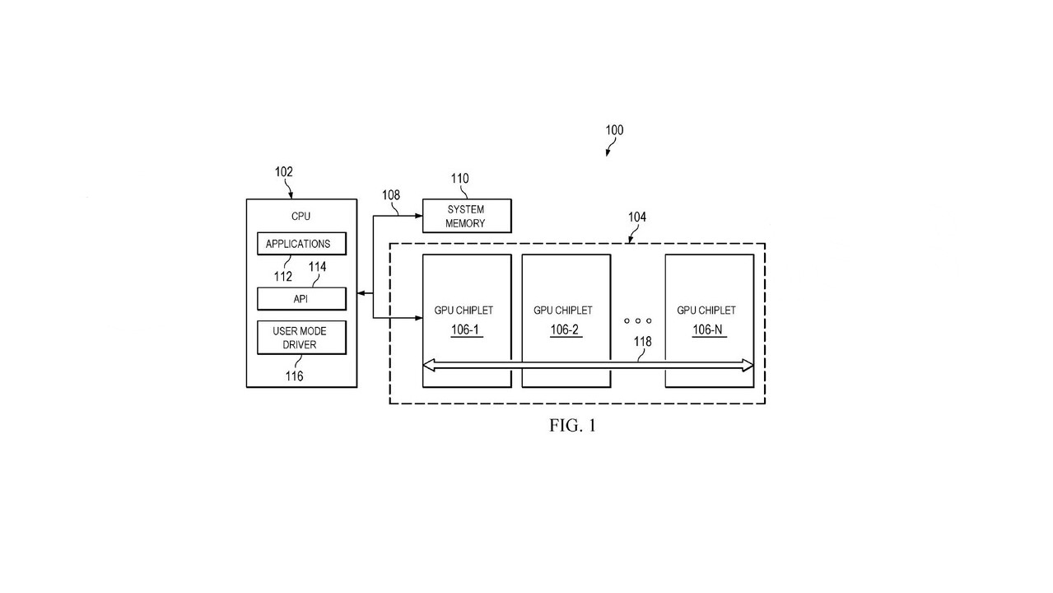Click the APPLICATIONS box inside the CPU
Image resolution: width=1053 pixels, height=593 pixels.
(x=301, y=244)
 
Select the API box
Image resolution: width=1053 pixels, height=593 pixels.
(x=301, y=298)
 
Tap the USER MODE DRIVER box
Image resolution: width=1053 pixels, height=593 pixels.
(x=301, y=338)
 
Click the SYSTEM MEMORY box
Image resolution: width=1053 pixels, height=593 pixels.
(x=466, y=216)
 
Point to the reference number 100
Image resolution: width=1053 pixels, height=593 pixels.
(x=614, y=130)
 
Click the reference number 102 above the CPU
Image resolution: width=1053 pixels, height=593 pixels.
(x=283, y=172)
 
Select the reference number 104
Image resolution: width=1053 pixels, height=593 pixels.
(x=636, y=217)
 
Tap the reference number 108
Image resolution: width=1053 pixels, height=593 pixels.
(x=391, y=195)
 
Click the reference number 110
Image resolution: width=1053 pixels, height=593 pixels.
(x=459, y=179)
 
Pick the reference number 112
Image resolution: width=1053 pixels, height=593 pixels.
(x=283, y=277)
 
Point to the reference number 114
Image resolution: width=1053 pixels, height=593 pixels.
(x=317, y=267)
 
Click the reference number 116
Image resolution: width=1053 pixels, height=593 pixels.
(x=294, y=376)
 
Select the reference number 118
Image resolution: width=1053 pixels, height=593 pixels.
(x=643, y=341)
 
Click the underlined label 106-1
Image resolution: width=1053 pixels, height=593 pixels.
(x=464, y=329)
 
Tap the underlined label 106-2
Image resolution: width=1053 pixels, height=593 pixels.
(x=564, y=329)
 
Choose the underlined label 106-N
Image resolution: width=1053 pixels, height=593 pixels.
(x=707, y=329)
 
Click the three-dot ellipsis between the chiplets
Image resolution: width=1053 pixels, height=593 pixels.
(x=637, y=320)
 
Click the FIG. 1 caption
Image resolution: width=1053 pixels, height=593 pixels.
(x=572, y=425)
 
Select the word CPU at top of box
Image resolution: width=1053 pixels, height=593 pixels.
(x=301, y=217)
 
